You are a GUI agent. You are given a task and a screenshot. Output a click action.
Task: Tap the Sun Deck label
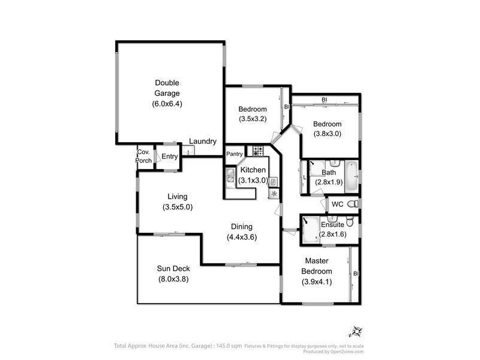(x=173, y=268)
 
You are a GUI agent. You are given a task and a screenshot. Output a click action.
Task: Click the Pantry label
(x=235, y=154)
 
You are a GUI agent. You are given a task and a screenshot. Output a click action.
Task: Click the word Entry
(x=170, y=157)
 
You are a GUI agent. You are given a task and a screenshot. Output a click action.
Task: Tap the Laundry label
(x=203, y=142)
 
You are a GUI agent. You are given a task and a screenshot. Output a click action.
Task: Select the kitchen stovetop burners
(x=258, y=151)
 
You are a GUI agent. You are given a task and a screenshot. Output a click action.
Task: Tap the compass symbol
(x=356, y=331)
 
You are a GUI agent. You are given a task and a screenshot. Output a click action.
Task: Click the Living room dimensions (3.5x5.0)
(x=178, y=207)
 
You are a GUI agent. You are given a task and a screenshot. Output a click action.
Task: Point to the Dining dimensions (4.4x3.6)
(x=242, y=236)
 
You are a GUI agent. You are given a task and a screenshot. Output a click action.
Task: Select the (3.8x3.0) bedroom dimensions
(x=328, y=134)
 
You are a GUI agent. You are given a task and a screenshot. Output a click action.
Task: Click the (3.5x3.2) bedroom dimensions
(x=253, y=119)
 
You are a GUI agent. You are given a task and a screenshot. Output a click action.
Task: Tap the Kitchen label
(x=252, y=170)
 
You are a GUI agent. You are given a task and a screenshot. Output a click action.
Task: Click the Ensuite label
(x=332, y=224)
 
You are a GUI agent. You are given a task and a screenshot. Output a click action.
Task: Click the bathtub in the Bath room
(x=352, y=176)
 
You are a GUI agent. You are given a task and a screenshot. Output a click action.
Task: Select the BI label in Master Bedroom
(x=356, y=274)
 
